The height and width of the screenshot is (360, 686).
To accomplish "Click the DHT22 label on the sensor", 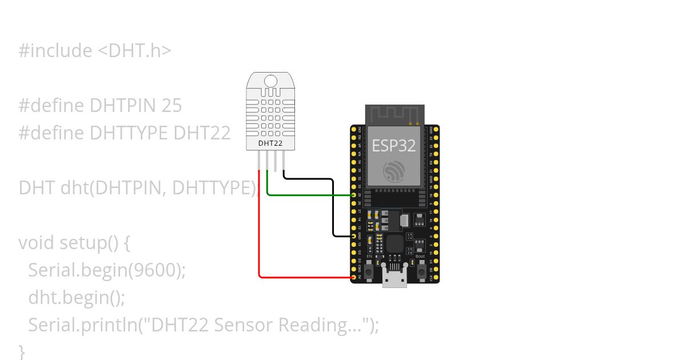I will (270, 143).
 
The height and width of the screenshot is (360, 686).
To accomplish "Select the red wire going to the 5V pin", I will (260, 240).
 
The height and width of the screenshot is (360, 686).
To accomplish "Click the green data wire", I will (309, 195).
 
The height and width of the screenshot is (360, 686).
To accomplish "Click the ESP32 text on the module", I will (394, 145).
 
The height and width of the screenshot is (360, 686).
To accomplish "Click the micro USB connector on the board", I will (394, 280).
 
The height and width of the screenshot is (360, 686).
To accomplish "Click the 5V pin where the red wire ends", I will (354, 277).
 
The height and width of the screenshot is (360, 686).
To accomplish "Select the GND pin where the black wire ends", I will (354, 236).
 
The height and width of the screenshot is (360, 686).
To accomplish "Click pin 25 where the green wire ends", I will (354, 195).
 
